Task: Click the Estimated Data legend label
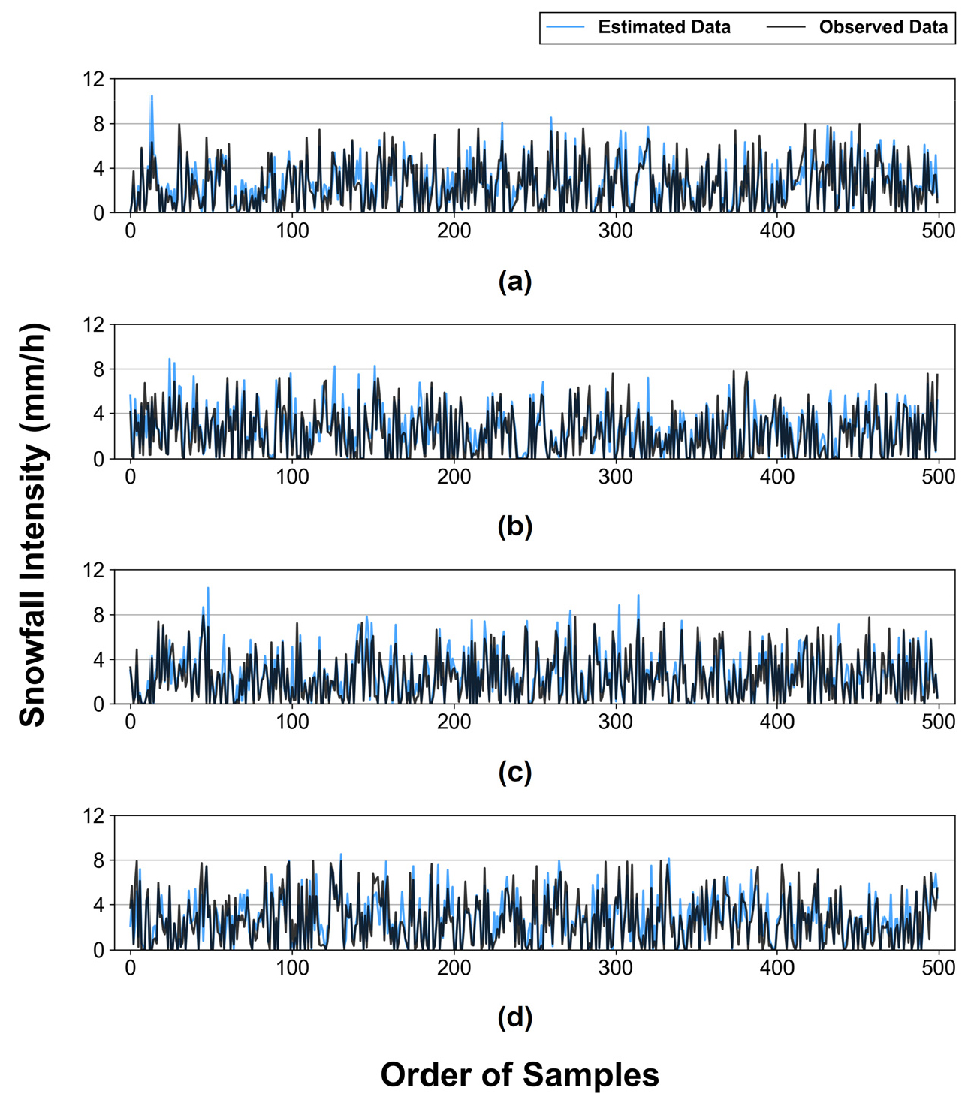664,27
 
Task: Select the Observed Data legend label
883,27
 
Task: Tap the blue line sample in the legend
565,27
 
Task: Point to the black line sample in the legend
786,27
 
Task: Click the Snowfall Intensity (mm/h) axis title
32,525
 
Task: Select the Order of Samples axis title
520,1074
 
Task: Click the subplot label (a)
515,282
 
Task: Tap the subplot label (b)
515,526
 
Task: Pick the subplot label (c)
515,772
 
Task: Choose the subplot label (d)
515,1017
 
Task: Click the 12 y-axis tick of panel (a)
94,79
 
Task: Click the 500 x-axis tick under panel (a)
938,231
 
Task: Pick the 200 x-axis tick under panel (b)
454,477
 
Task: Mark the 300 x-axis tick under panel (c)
615,722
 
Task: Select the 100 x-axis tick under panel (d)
292,968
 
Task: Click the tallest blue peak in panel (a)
152,97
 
